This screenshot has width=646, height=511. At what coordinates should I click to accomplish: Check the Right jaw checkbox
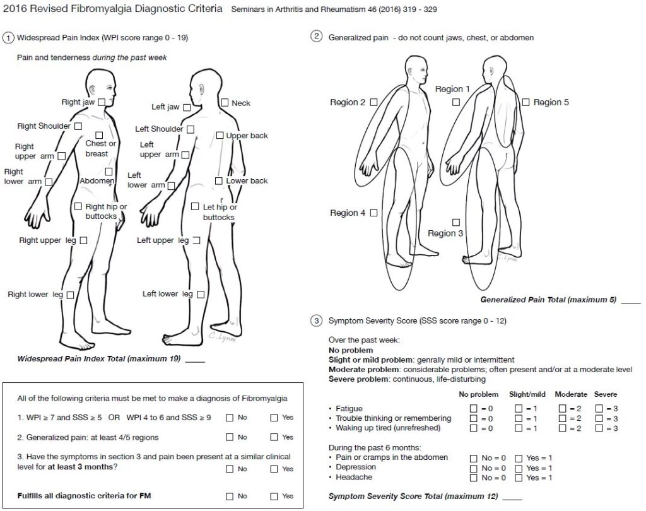(x=102, y=102)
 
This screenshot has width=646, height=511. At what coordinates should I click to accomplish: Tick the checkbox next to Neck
(x=225, y=102)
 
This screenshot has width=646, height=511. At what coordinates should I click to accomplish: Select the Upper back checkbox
(x=220, y=135)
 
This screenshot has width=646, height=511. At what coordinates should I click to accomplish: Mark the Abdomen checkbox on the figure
(x=109, y=171)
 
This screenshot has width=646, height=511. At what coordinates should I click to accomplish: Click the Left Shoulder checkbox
(x=190, y=129)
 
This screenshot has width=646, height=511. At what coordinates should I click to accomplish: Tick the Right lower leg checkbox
(x=70, y=295)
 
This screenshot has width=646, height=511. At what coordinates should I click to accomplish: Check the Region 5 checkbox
(x=526, y=102)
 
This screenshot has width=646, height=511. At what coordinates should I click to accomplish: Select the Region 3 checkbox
(x=456, y=222)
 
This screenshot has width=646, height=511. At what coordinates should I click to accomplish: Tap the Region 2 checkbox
(x=373, y=102)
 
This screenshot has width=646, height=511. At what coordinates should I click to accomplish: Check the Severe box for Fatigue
(x=599, y=409)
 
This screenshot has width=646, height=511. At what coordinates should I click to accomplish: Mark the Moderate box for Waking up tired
(x=563, y=428)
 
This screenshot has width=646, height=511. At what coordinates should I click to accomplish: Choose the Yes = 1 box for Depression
(x=519, y=468)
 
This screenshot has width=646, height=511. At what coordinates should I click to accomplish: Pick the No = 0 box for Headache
(x=474, y=478)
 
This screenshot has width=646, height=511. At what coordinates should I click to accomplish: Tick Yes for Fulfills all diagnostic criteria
(x=274, y=496)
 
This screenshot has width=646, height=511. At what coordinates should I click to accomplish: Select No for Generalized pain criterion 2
(x=230, y=437)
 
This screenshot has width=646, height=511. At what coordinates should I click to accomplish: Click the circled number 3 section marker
(x=317, y=321)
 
